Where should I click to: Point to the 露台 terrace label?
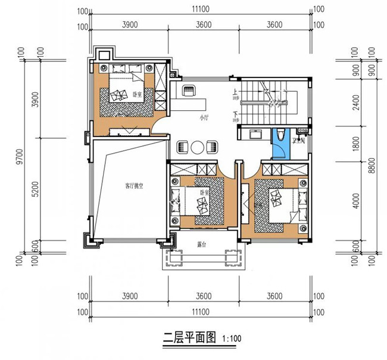pyautogui.click(x=202, y=244)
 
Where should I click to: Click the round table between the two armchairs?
pyautogui.click(x=197, y=146)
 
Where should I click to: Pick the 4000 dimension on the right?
pyautogui.click(x=355, y=202)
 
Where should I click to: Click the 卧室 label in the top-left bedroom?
pyautogui.click(x=137, y=94)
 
